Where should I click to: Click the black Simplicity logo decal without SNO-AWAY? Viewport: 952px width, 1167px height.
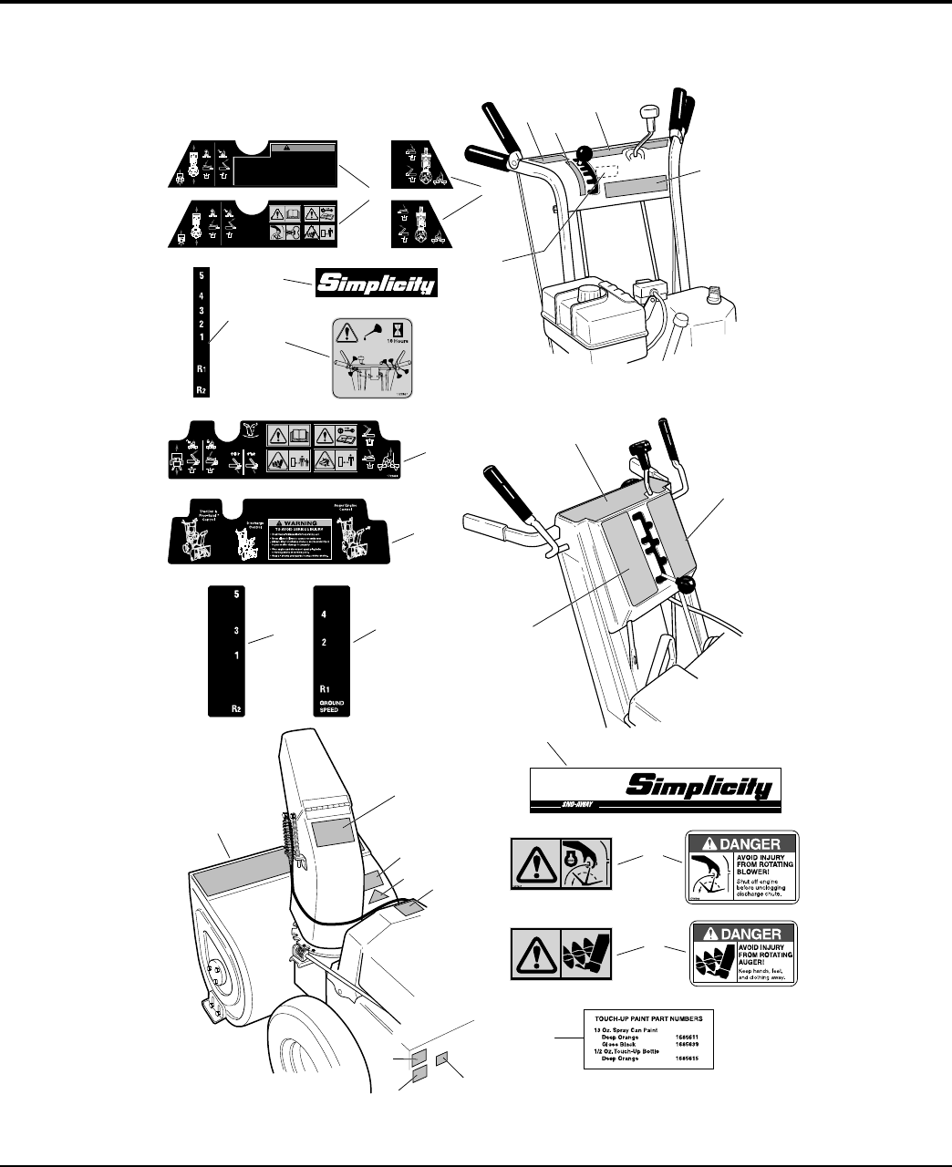tap(376, 283)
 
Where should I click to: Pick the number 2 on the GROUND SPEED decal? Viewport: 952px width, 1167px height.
tap(324, 642)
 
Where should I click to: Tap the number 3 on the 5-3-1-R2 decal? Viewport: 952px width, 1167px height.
tap(236, 631)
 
